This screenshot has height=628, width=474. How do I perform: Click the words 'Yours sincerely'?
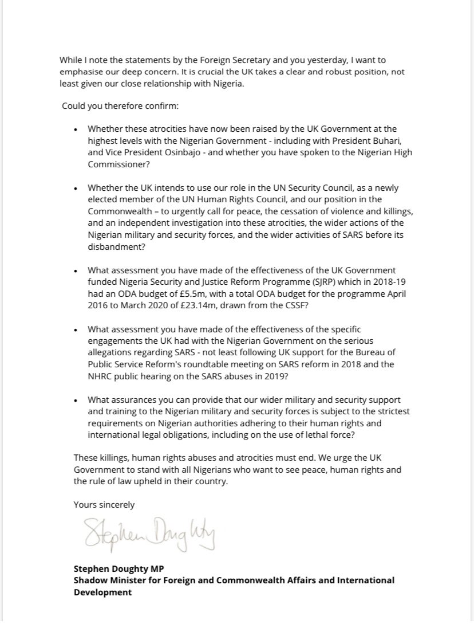[x=104, y=505]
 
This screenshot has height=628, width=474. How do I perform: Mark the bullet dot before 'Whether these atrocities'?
[x=76, y=131]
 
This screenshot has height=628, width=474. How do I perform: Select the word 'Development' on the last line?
[x=102, y=592]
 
